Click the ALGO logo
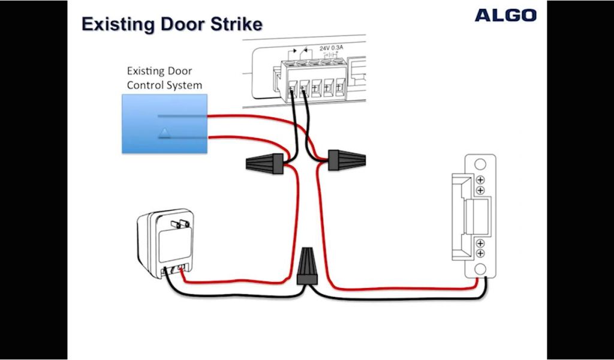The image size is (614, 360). point(505,15)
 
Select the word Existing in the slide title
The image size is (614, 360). point(119,25)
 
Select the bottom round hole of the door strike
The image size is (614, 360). point(480,268)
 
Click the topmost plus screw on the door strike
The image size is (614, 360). point(480,179)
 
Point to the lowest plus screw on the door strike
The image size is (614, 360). point(480,253)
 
